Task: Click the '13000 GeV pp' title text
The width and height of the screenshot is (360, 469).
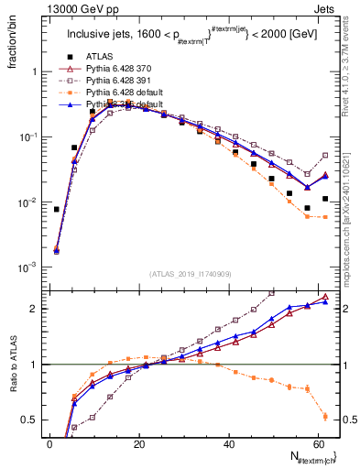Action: pos(74,7)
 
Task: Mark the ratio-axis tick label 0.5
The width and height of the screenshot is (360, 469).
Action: pos(29,420)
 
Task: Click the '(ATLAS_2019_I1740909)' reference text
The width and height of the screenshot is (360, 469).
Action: pos(191,274)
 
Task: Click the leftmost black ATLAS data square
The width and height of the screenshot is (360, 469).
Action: pos(57,209)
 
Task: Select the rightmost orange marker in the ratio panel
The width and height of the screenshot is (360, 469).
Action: pos(325,417)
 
